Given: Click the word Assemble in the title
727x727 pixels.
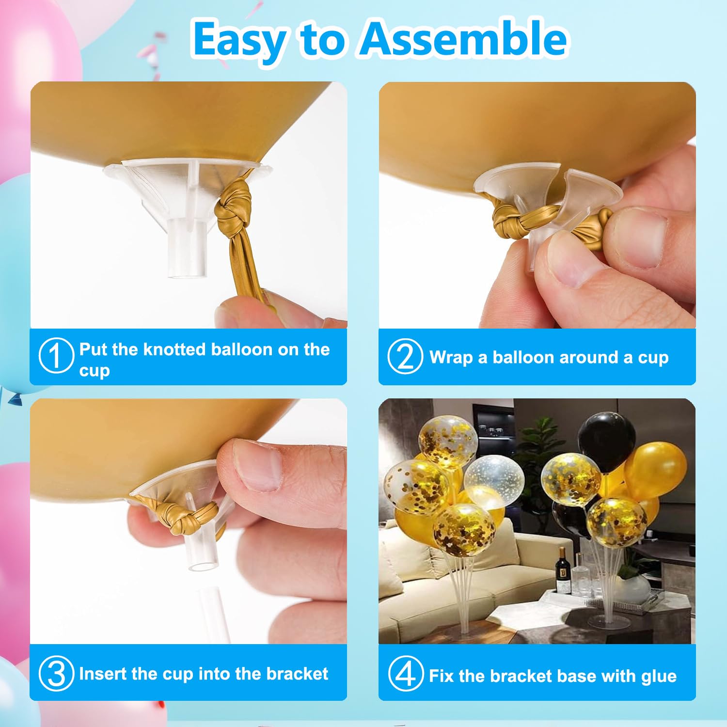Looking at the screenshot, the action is click(463, 39).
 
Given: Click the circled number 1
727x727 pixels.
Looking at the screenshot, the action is click(56, 356).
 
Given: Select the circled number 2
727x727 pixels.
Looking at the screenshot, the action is click(405, 357).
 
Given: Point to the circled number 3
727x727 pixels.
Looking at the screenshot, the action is click(56, 674).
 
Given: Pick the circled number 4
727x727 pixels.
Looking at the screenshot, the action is click(406, 674).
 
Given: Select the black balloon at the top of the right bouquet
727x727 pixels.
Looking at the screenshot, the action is click(607, 442).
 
